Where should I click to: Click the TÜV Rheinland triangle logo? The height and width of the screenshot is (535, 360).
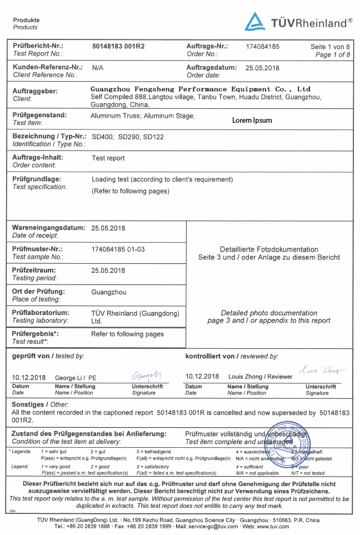click(x=255, y=22)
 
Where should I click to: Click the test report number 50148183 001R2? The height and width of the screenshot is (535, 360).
click(x=118, y=46)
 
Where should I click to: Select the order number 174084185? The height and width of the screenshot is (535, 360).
click(x=262, y=46)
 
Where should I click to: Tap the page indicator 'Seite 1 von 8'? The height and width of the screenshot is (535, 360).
click(x=330, y=47)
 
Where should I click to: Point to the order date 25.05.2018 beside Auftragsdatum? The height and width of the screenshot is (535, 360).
click(x=262, y=68)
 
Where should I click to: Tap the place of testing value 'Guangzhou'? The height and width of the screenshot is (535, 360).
click(x=109, y=292)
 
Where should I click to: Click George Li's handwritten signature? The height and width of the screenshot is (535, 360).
click(x=147, y=375)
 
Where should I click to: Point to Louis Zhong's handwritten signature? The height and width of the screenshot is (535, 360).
click(x=322, y=369)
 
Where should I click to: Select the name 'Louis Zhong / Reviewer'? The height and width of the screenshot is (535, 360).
click(x=261, y=377)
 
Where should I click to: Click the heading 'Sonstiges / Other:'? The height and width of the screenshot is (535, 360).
click(x=40, y=404)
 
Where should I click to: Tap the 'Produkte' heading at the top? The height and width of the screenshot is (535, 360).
click(x=27, y=20)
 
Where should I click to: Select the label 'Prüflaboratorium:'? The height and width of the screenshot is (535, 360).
click(x=41, y=313)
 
